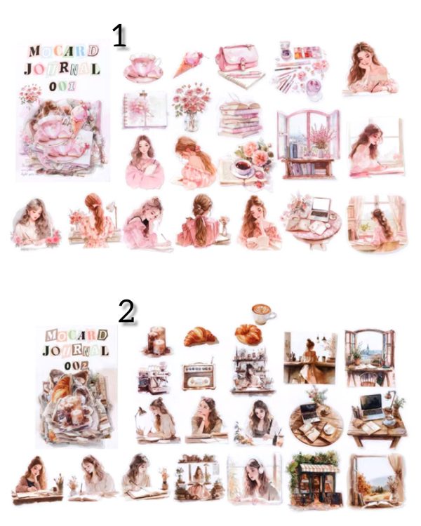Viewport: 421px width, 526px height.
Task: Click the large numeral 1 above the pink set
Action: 119,35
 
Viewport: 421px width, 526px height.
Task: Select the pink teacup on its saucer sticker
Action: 144,67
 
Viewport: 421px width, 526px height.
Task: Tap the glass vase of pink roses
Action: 191,107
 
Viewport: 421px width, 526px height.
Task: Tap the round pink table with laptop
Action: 312,219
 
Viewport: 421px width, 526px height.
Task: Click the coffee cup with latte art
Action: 263,312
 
